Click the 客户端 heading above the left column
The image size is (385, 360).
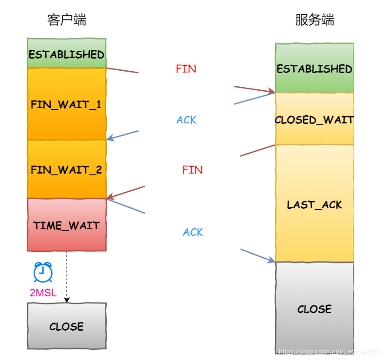(x=66, y=20)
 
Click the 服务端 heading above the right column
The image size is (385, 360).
(x=314, y=20)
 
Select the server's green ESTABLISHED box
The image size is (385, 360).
(x=314, y=69)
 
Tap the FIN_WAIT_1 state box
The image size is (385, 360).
(x=66, y=105)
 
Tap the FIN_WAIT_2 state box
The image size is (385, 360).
(x=66, y=170)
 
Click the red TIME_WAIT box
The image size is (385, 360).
(x=66, y=225)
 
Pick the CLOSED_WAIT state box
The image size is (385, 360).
(x=314, y=120)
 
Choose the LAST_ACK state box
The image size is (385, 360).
(x=314, y=204)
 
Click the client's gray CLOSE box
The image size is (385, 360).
(x=66, y=326)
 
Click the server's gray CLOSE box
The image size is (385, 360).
(x=314, y=309)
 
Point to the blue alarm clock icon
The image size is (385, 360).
(x=43, y=272)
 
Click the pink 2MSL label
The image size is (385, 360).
(x=43, y=293)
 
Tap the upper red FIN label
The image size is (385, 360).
(x=186, y=69)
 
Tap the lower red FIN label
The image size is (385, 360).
(x=192, y=170)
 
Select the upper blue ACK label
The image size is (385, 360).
(x=186, y=120)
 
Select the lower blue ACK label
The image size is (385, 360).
(x=192, y=232)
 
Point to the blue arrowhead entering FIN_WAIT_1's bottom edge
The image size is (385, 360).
(x=111, y=138)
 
